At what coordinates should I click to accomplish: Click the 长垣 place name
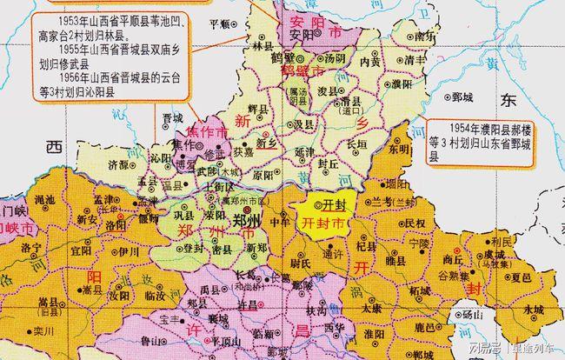click(357, 144)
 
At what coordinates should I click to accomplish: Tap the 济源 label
click(119, 163)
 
